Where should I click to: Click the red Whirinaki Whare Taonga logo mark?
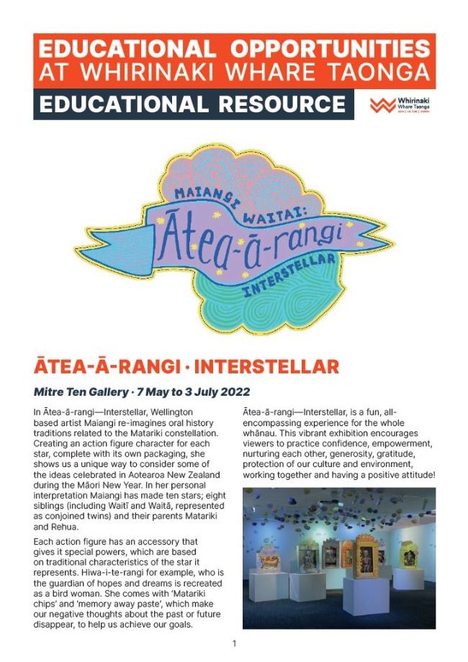(x=382, y=105)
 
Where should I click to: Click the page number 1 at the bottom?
(x=234, y=643)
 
